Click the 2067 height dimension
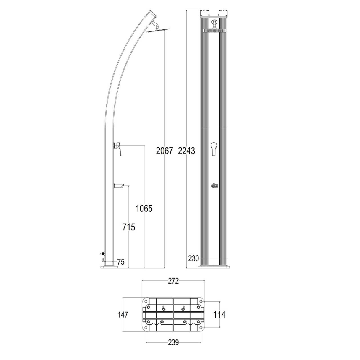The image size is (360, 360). pyautogui.click(x=164, y=151)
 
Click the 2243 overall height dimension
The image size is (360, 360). pyautogui.click(x=186, y=151)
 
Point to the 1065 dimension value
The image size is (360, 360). pyautogui.click(x=144, y=209)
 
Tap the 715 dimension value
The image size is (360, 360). pyautogui.click(x=128, y=227)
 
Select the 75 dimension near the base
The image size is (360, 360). pyautogui.click(x=121, y=262)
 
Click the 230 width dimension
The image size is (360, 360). pyautogui.click(x=193, y=258)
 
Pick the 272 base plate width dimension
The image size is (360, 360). pyautogui.click(x=173, y=281)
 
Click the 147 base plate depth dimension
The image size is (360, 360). pyautogui.click(x=123, y=315)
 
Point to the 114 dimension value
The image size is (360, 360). pyautogui.click(x=219, y=315)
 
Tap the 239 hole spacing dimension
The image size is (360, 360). pyautogui.click(x=173, y=342)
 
